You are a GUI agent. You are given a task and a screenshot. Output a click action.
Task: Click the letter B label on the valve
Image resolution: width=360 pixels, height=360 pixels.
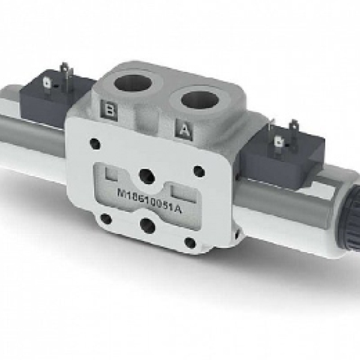pos(110,110)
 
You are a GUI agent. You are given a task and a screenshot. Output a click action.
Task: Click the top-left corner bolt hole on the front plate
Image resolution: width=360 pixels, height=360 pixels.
pos(94,143)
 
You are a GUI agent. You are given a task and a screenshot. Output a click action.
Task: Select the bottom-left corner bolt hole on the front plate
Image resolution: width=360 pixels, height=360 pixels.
pos(106,218)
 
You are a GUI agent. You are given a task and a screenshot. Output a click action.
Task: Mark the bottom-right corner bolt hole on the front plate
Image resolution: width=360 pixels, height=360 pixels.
pos(190,242)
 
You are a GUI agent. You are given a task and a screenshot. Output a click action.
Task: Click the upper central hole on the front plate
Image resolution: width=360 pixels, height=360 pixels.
pos(146,175)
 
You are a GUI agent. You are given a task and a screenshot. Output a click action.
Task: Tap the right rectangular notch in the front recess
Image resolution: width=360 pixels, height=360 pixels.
pos(181,191)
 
